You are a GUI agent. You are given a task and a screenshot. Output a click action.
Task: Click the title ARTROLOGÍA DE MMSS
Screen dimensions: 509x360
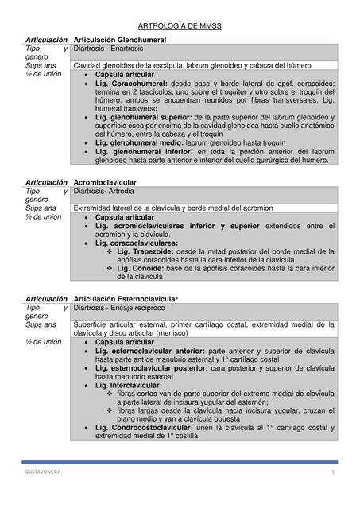(180, 26)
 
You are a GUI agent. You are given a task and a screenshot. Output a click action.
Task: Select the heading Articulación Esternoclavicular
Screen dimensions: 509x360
(126, 299)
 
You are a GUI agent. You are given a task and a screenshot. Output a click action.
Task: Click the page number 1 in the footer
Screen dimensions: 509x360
(334, 472)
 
